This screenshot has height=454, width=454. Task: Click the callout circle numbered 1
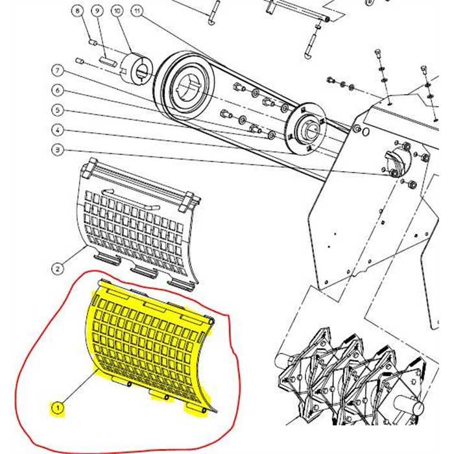click(x=58, y=407)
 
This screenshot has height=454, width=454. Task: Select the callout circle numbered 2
click(x=57, y=268)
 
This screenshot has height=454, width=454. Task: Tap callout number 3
click(x=57, y=150)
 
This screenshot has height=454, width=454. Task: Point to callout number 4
click(x=57, y=130)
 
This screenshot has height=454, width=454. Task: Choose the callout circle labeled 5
click(x=57, y=110)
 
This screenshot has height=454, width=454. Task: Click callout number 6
click(x=57, y=90)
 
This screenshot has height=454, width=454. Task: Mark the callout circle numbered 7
click(x=57, y=70)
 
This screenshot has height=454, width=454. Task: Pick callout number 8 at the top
click(x=78, y=12)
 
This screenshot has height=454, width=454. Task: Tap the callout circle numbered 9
click(x=97, y=12)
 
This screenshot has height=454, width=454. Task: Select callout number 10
click(x=117, y=12)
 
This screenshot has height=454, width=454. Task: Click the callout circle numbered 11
click(x=137, y=12)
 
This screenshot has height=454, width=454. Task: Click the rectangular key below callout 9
click(x=108, y=62)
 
